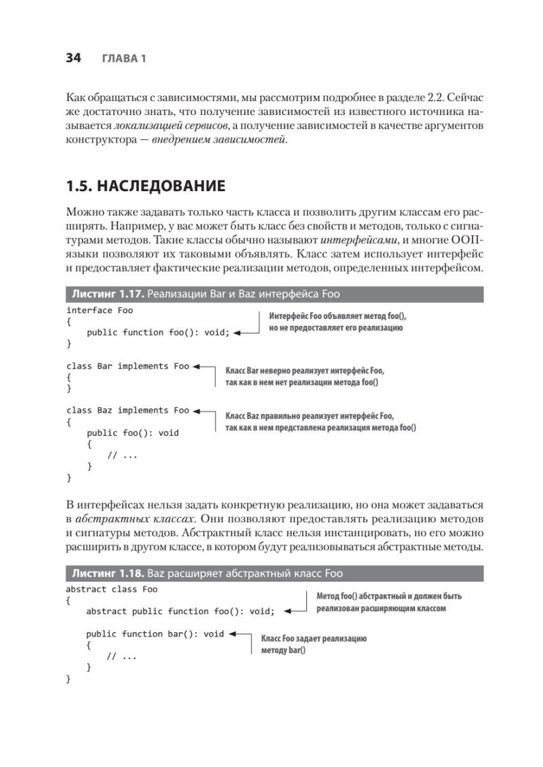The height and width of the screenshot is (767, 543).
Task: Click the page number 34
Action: point(73,58)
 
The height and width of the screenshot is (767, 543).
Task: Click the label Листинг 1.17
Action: point(106,294)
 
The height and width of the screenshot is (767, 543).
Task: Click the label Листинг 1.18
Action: point(106,573)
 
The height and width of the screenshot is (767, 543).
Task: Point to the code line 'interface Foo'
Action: point(100,310)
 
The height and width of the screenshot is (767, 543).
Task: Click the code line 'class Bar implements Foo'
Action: point(128,366)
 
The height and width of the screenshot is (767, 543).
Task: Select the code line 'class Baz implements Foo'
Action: point(128,410)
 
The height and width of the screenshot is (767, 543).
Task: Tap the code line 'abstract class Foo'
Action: point(112,589)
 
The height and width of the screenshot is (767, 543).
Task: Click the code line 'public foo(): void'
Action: point(132,433)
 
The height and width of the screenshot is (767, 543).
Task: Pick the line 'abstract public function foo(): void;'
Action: point(180,611)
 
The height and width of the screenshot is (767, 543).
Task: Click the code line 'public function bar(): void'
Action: point(155,634)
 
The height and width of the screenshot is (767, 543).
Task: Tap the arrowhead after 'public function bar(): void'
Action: point(232,635)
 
